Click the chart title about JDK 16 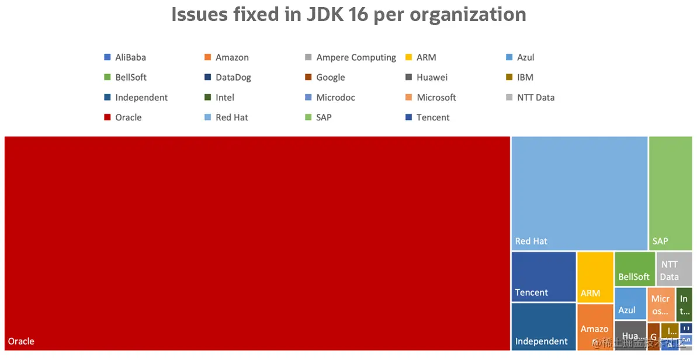(x=348, y=14)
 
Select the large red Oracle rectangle (x=257, y=243)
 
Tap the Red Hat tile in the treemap (x=579, y=193)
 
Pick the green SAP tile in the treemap (x=670, y=193)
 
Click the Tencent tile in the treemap (x=543, y=276)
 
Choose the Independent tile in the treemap (x=543, y=326)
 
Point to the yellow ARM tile (x=595, y=276)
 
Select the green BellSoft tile (x=634, y=268)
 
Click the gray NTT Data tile (x=674, y=268)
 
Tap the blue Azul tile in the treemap (x=630, y=303)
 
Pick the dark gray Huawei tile (x=630, y=335)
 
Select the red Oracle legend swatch (x=107, y=117)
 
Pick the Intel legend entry (x=224, y=98)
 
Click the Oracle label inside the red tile (x=21, y=341)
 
